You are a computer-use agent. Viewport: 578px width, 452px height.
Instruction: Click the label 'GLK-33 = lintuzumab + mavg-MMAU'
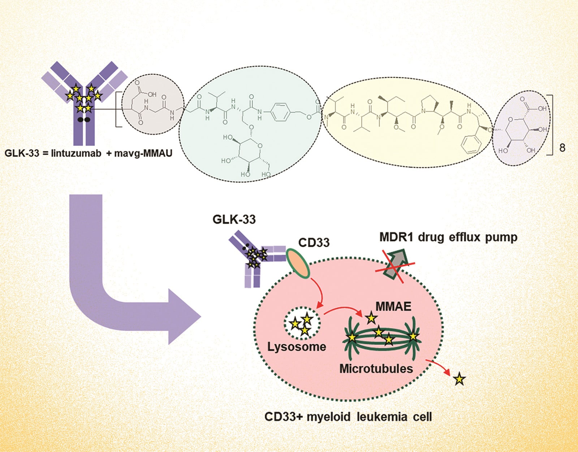[88, 153]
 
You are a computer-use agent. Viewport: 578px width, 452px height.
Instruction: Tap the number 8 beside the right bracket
[562, 148]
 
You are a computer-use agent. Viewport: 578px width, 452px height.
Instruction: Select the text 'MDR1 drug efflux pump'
[448, 237]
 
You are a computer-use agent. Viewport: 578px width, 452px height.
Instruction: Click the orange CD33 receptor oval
[298, 263]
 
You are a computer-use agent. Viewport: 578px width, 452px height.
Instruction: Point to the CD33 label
[314, 242]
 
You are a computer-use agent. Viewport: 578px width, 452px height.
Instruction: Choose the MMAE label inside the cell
[393, 306]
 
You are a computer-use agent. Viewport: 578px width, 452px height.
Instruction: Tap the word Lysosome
[297, 347]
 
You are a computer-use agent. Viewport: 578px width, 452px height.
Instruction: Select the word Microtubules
[376, 369]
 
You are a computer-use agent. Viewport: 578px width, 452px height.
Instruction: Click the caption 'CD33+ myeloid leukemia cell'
[348, 417]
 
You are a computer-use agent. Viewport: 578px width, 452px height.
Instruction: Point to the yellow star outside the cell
[459, 379]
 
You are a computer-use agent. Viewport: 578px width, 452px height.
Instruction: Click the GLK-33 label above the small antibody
[234, 219]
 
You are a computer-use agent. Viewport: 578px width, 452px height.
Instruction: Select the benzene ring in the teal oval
[280, 112]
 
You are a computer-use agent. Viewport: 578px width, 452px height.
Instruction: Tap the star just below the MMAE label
[371, 318]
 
